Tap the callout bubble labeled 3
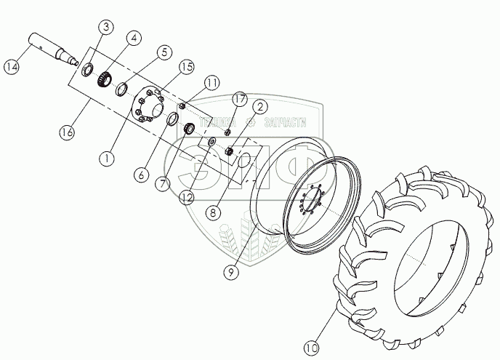(x=106, y=28)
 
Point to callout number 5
(x=166, y=52)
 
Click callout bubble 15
(x=187, y=67)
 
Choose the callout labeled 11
(x=211, y=83)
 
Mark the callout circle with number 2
(x=258, y=108)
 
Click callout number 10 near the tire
(x=311, y=348)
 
